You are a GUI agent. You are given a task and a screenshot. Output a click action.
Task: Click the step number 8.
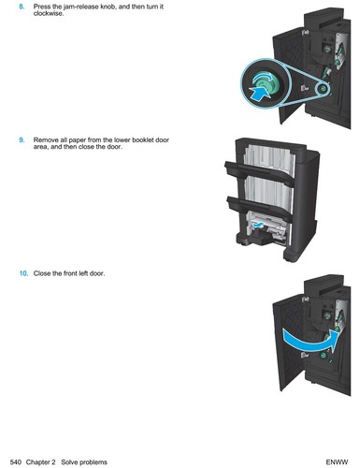[x=22, y=7]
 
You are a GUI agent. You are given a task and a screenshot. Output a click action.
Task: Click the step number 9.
[x=22, y=139]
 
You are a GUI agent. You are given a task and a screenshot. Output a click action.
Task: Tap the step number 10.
[x=23, y=273]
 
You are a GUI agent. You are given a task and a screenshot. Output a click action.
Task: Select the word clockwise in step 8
[x=48, y=13]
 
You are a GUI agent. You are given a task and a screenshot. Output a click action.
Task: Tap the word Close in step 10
[x=43, y=273]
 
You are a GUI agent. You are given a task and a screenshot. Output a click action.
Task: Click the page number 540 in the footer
[x=16, y=462]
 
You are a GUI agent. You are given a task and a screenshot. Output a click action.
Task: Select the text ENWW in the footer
[x=337, y=462]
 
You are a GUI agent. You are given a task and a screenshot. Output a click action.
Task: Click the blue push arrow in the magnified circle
[x=259, y=93]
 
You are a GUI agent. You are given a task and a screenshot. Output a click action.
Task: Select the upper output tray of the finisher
[x=259, y=172]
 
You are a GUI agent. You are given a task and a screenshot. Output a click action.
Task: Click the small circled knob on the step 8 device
[x=323, y=90]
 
